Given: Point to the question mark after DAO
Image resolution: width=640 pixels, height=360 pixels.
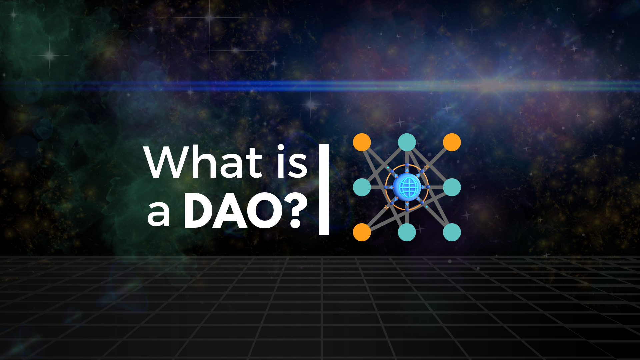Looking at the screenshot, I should pyautogui.click(x=298, y=211).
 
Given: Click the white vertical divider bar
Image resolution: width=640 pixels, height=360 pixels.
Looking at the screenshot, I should pyautogui.click(x=324, y=189).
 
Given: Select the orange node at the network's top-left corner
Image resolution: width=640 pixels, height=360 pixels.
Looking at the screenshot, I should pyautogui.click(x=362, y=142).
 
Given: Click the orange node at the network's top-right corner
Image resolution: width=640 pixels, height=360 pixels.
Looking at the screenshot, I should pyautogui.click(x=452, y=142).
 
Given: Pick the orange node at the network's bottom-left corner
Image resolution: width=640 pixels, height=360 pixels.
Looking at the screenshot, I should pyautogui.click(x=362, y=232).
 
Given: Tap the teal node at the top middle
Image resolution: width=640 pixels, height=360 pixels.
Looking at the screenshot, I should pyautogui.click(x=407, y=142).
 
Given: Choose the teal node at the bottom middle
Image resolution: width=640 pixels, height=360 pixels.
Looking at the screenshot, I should pyautogui.click(x=407, y=232).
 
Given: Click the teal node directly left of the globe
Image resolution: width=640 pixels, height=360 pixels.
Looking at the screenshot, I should pyautogui.click(x=362, y=187).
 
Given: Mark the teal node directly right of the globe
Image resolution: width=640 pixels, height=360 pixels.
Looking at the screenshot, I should pyautogui.click(x=452, y=187).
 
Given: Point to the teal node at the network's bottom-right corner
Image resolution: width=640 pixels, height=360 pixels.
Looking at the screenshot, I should pyautogui.click(x=452, y=232).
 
